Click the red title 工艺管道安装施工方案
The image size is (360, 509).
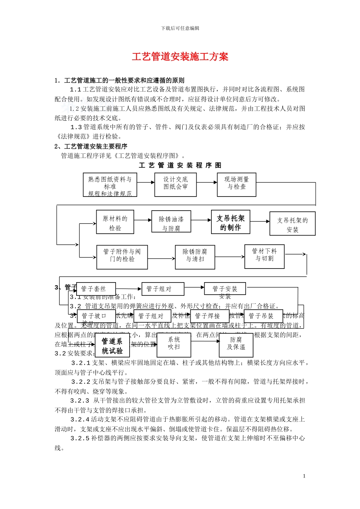[x=180, y=57]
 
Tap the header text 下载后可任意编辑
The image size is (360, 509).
[x=180, y=28]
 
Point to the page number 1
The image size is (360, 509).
[x=304, y=476]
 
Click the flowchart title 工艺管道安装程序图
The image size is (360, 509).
[x=180, y=165]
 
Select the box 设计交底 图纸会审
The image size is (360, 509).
[x=175, y=184]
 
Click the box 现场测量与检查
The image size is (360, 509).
[x=236, y=184]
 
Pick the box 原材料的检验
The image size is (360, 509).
[x=115, y=222]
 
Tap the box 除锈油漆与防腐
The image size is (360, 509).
[x=171, y=222]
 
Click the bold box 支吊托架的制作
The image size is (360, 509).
[x=230, y=222]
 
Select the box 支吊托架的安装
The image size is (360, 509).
[x=292, y=224]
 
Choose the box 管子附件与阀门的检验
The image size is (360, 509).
[x=122, y=257]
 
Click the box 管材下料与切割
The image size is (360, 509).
[x=264, y=256]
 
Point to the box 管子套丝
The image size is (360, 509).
[x=96, y=289]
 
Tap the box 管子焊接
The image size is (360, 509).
[x=209, y=316]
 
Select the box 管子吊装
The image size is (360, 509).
[x=263, y=316]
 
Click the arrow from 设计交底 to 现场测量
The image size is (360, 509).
[x=207, y=183]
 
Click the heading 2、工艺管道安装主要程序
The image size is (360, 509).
[x=91, y=146]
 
